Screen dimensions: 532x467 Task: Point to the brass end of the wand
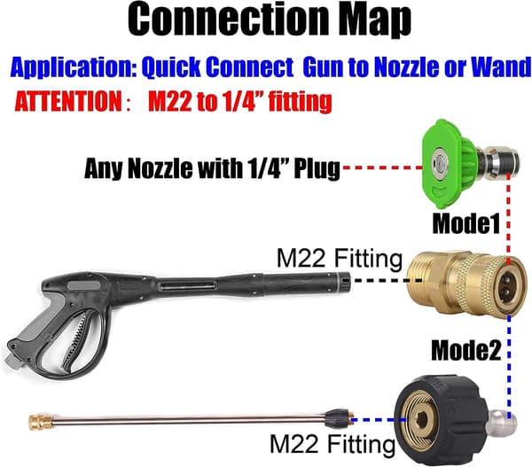(x=41, y=422)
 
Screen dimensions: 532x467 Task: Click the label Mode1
(x=466, y=223)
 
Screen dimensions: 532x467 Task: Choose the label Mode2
(x=465, y=350)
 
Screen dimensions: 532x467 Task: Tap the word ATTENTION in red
(x=68, y=101)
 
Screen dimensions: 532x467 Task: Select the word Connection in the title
(x=228, y=18)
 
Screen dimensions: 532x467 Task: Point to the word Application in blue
(x=74, y=67)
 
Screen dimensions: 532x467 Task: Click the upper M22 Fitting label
(x=340, y=259)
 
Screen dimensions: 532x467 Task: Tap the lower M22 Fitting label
(x=332, y=444)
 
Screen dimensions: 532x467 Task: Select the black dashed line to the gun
(x=387, y=281)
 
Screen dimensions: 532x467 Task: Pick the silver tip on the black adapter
(x=503, y=423)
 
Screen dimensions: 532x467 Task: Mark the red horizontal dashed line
(x=382, y=167)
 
